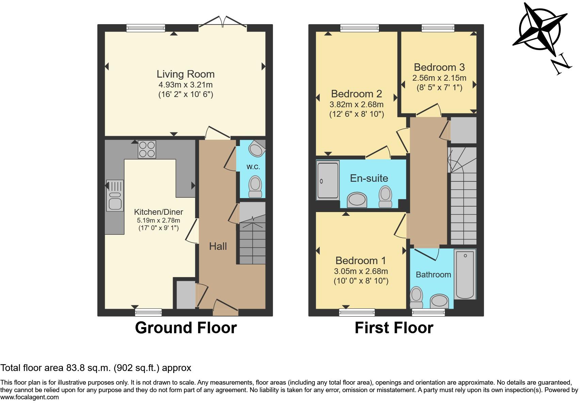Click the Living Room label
(186, 74)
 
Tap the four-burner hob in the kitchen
(147, 149)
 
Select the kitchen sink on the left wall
(115, 196)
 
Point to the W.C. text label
(253, 167)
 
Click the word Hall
(218, 246)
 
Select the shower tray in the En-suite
(328, 180)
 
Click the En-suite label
(369, 178)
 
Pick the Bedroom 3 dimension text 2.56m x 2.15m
(439, 78)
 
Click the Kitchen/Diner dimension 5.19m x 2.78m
(158, 221)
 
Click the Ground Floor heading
(186, 328)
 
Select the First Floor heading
(394, 328)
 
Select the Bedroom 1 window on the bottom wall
(357, 312)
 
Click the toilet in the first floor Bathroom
(416, 297)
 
